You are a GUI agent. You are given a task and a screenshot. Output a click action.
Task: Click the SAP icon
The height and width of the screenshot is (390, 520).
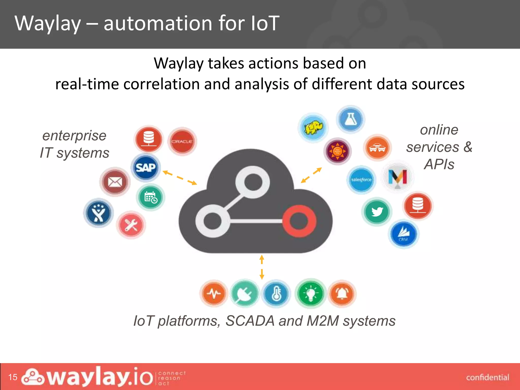145,168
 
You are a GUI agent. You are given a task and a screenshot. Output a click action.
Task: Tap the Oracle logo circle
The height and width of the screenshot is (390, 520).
182,141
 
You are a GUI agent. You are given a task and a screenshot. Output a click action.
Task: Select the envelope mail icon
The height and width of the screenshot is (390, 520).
115,182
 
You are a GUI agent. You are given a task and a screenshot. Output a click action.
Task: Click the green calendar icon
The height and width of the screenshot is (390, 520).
151,198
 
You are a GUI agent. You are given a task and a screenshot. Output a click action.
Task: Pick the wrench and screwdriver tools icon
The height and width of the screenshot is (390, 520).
131,225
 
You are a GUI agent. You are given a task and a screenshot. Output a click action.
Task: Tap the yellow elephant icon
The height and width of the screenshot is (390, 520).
313,128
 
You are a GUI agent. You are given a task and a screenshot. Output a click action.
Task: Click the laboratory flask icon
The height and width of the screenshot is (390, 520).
351,119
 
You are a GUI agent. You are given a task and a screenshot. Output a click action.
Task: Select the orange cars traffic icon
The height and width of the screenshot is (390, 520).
377,148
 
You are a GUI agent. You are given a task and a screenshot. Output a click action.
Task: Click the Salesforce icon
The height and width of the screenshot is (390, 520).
361,180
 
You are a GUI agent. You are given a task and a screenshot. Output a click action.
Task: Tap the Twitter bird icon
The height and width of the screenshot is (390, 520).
377,212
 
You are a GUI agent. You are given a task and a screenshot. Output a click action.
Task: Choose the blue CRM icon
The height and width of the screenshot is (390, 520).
403,234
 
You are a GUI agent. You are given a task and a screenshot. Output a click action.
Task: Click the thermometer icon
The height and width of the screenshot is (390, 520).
276,294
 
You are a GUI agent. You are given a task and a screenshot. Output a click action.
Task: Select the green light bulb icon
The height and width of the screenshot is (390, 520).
311,294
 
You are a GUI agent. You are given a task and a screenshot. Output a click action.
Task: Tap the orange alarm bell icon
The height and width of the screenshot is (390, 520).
342,294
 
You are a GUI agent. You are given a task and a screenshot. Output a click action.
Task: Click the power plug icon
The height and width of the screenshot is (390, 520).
245,294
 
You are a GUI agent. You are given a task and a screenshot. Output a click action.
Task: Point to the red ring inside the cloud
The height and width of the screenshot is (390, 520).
299,220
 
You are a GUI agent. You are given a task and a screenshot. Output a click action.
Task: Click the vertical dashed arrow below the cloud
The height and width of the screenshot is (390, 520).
262,267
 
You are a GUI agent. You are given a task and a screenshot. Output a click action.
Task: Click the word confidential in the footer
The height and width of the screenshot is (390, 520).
487,378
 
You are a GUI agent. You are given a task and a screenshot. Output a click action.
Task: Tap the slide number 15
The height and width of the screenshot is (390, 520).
13,377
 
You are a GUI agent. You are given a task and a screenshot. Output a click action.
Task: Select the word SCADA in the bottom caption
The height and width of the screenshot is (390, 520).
250,321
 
